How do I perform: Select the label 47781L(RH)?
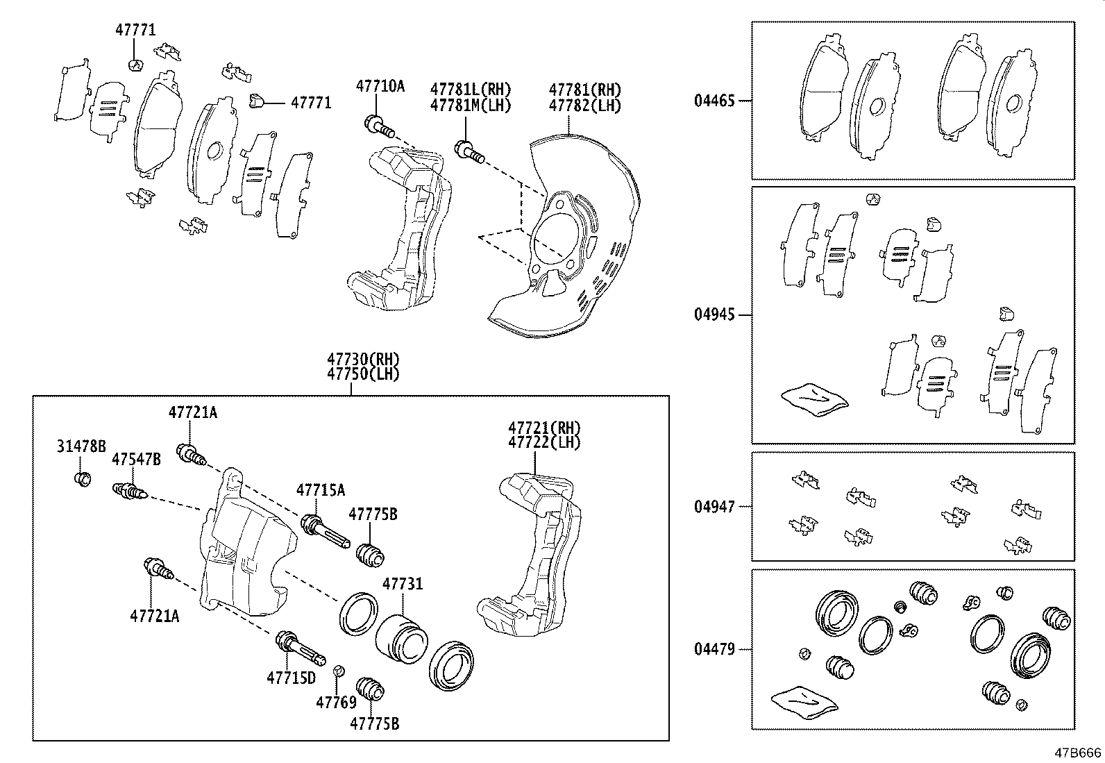pos(470,89)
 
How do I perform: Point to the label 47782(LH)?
pos(584,106)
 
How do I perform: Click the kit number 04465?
pos(714,101)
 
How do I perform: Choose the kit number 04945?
pos(714,315)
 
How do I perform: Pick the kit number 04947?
pos(714,507)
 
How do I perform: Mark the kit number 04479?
pos(714,649)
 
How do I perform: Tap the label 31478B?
pos(81,446)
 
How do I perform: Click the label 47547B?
pos(136,459)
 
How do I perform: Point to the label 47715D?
pos(291,677)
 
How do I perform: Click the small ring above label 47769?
pos(339,671)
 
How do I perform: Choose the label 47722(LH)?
pos(543,442)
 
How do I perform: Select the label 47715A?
pos(320,490)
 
